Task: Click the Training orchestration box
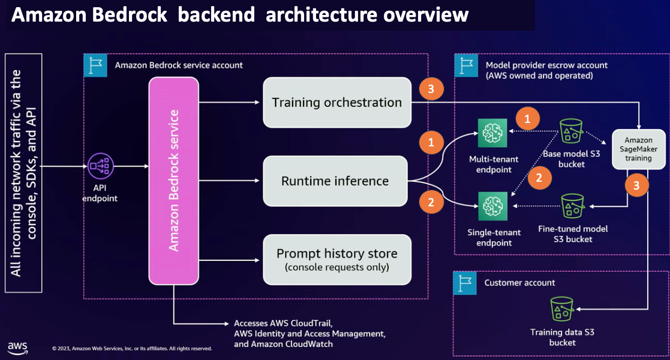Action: point(336,103)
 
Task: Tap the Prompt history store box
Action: point(336,259)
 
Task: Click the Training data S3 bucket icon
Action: point(562,310)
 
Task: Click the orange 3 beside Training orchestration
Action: point(431,90)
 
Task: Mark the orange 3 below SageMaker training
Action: point(636,186)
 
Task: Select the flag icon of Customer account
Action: point(464,283)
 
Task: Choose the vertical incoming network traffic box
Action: point(23,173)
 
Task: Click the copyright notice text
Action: point(132,348)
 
